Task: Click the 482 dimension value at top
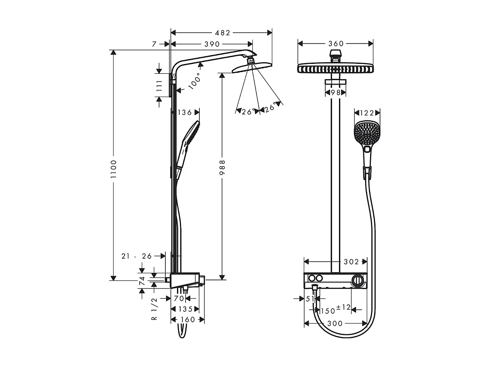(x=222, y=32)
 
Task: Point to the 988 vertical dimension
(x=222, y=168)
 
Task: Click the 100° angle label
(x=194, y=80)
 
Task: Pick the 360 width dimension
(x=336, y=44)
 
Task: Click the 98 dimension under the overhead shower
(x=336, y=92)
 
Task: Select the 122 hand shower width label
(x=367, y=112)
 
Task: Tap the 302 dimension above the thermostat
(x=351, y=262)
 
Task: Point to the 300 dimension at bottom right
(x=335, y=323)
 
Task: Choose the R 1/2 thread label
(x=154, y=309)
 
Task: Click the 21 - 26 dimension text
(x=137, y=256)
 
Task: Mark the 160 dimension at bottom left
(x=188, y=319)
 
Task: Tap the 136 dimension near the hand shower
(x=184, y=112)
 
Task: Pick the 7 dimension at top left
(x=154, y=44)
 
